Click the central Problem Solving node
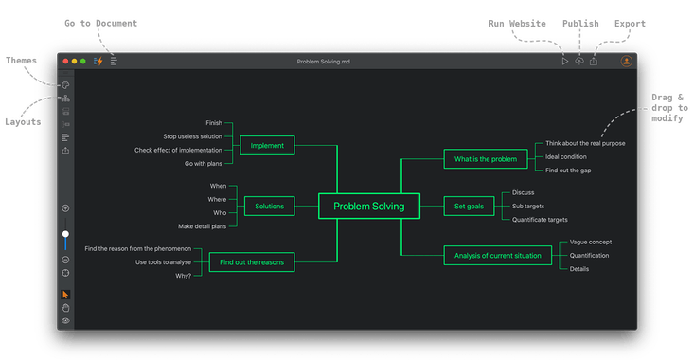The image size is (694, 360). (368, 206)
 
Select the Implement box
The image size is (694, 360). (268, 145)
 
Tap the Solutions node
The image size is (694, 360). (269, 206)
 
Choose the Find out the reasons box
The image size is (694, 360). (252, 261)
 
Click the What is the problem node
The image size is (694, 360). (486, 159)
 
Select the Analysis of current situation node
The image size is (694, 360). (497, 255)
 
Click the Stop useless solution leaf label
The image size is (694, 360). (192, 136)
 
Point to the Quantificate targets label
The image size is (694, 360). (540, 219)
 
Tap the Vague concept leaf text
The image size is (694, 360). (590, 242)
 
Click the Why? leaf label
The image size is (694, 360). (184, 276)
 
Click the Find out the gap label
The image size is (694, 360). (568, 171)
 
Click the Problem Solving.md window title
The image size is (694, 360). (324, 62)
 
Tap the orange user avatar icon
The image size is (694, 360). (626, 62)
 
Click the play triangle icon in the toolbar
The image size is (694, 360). (564, 62)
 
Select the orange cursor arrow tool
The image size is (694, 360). (65, 295)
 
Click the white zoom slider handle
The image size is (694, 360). (65, 233)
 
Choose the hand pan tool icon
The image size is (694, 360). (65, 308)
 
